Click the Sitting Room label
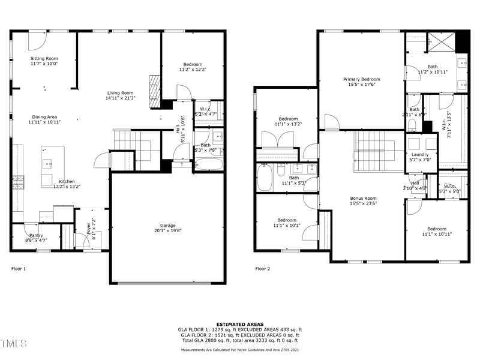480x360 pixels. pos(44,58)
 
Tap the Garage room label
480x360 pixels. pos(169,226)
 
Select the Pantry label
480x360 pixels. pos(36,236)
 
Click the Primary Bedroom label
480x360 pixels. pos(361,79)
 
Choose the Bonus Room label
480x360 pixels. pos(363,198)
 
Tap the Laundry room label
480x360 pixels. pos(420,154)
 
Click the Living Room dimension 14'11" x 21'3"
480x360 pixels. pos(120,98)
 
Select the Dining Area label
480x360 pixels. pos(44,117)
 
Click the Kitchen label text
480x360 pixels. pos(66,181)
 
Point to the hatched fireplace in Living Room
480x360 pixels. pos(155,91)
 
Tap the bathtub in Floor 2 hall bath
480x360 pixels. pos(265,178)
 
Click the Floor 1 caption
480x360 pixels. pos(19,269)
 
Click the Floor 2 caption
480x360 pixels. pos(262,269)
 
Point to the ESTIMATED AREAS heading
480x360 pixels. pos(239,324)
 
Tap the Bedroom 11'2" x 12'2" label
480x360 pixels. pos(193,64)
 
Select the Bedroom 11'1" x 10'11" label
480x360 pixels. pos(436,229)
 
